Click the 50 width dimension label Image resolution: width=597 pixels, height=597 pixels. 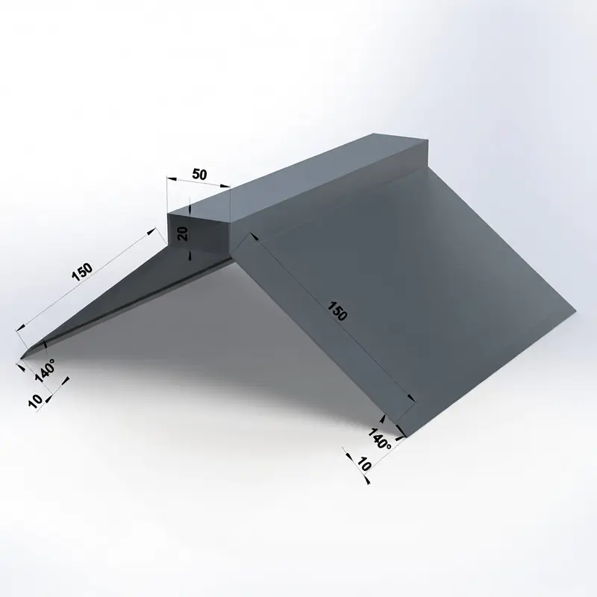tap(199, 175)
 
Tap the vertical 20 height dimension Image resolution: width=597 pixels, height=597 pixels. tap(184, 234)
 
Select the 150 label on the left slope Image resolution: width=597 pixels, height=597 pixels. tap(82, 272)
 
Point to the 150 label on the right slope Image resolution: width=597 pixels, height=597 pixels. tap(337, 311)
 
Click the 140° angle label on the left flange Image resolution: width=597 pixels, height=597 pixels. tap(45, 370)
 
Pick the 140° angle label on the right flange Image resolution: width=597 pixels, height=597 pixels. tap(379, 438)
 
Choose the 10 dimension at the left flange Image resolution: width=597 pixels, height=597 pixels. tap(35, 401)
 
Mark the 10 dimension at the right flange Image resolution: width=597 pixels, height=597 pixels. tap(363, 464)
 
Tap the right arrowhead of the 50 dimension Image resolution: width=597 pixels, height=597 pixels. tap(225, 186)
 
